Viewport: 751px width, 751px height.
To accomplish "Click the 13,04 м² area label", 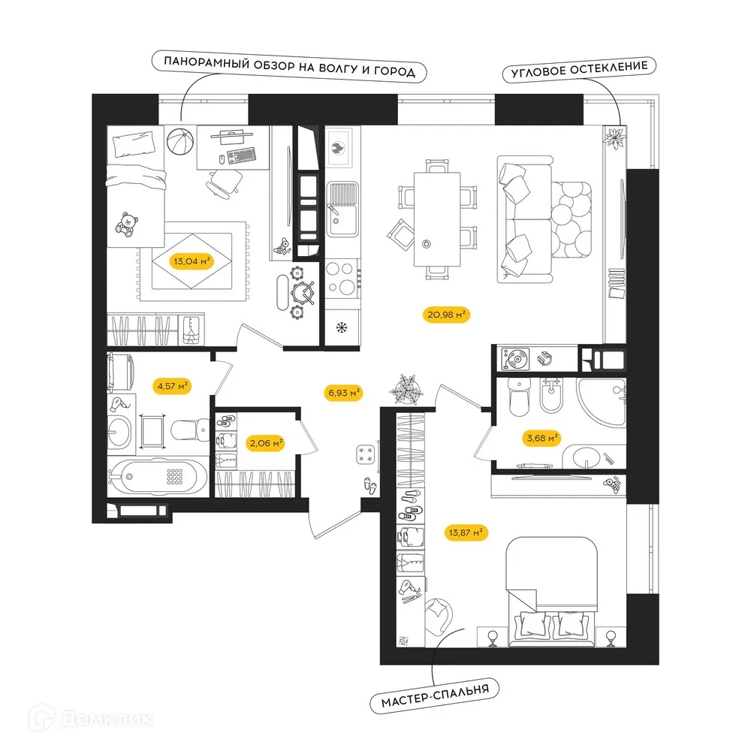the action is [x=192, y=261].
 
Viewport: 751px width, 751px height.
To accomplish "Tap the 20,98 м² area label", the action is [x=446, y=315].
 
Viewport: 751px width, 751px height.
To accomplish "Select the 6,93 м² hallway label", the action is [x=343, y=394].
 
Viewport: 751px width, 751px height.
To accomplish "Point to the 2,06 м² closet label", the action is [x=266, y=443].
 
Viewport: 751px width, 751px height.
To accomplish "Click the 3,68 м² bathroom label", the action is [x=541, y=438].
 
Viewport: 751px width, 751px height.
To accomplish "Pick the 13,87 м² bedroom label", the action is [x=466, y=532].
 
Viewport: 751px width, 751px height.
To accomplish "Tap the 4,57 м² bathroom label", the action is [x=172, y=385].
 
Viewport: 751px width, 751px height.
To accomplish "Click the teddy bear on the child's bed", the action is [x=127, y=225].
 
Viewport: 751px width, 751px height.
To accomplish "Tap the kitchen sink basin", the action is [x=342, y=220].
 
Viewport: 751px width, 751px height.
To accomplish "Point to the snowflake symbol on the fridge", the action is [x=342, y=328].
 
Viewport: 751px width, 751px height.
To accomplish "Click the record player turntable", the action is [x=515, y=359].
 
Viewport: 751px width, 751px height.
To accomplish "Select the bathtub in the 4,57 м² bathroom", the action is [x=158, y=476].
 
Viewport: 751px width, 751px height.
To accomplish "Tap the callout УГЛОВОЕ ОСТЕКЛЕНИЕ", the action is [x=579, y=69].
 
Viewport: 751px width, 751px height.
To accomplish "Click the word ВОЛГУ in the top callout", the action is [x=338, y=68].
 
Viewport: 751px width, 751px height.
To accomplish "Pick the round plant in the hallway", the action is [x=406, y=389].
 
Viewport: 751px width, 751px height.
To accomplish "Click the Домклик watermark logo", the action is [x=91, y=718].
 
